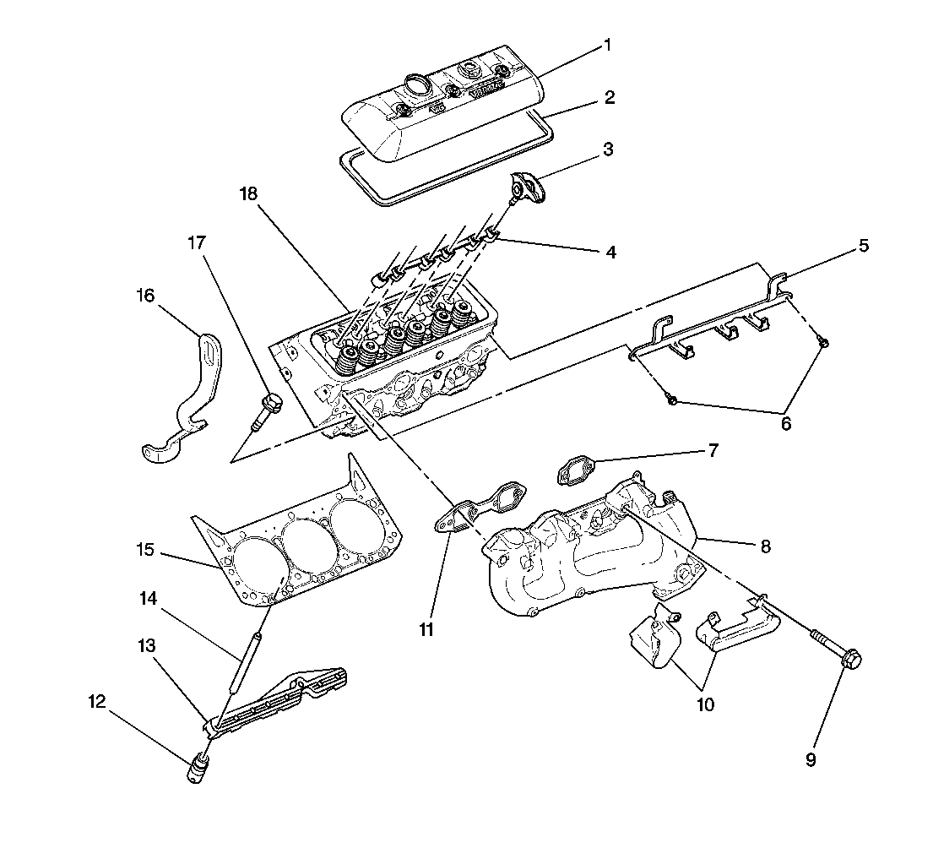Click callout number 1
tap(605, 44)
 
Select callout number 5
tap(863, 246)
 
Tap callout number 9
tap(811, 759)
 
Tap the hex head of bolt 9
tap(850, 658)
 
